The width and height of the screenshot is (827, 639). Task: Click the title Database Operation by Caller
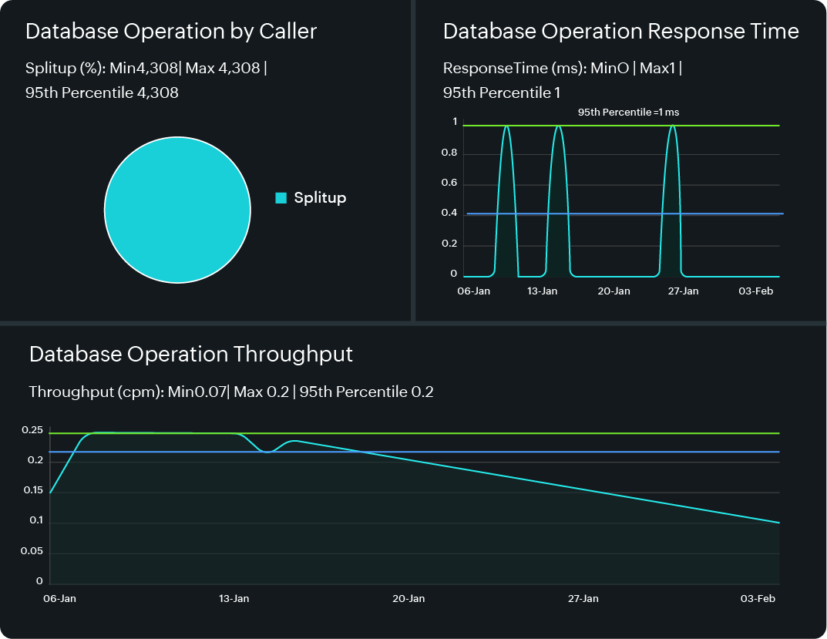171,32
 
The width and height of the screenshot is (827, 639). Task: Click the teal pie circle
177,210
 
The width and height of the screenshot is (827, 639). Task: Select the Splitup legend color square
281,198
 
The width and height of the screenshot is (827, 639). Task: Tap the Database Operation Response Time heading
620,32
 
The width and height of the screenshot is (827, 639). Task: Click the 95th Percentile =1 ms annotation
628,113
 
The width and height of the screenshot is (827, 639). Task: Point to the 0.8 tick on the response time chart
449,153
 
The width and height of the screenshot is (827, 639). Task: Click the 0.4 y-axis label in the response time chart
449,214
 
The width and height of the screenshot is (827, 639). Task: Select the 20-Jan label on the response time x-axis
614,291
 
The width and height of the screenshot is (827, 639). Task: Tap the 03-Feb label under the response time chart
756,291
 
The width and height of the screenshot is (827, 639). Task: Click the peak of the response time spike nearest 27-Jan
673,126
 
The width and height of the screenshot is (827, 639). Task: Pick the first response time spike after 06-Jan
506,126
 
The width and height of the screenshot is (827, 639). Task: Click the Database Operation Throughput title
190,355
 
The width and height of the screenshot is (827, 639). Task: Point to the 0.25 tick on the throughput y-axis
32,431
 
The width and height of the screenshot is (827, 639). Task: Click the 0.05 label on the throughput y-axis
32,553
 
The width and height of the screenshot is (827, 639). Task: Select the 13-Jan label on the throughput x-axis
234,599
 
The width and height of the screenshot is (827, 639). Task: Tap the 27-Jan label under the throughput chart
583,599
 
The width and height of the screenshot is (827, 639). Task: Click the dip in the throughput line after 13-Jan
267,452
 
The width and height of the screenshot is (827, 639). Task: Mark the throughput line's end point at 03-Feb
779,523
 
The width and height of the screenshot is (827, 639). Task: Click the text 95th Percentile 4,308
102,93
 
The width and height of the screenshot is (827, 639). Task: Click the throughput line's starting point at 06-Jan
50,493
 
